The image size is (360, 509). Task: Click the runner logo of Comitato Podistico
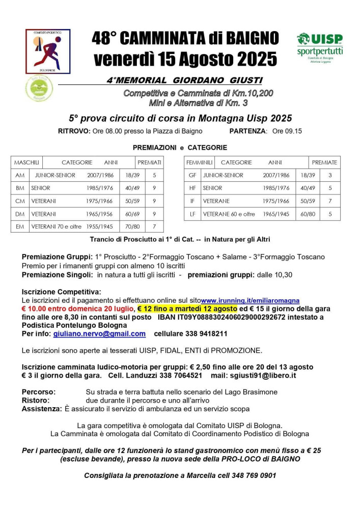click(48, 51)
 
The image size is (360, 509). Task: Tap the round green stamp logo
click(39, 88)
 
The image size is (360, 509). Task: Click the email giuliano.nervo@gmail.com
click(99, 334)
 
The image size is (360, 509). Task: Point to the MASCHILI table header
click(27, 162)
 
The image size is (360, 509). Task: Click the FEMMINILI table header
click(199, 162)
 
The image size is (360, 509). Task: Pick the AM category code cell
click(20, 175)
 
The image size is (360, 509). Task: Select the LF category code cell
click(192, 214)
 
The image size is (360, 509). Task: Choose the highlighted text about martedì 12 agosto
click(187, 309)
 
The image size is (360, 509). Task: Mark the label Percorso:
click(39, 392)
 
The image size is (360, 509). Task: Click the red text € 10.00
click(36, 309)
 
